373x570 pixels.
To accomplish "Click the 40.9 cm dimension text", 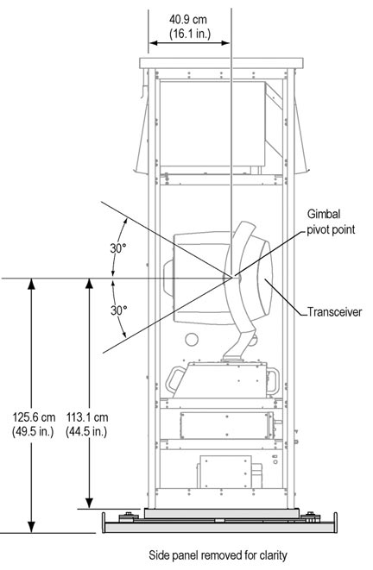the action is tap(187, 19).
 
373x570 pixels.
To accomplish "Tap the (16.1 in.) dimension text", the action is tap(190, 34).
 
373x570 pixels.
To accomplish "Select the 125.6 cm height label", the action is tap(34, 417).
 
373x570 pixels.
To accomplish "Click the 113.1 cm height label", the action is tap(87, 417).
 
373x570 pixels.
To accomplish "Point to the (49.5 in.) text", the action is tap(33, 431).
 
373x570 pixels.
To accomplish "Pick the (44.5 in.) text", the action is tap(86, 431).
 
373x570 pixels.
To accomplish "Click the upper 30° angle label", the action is tap(118, 248).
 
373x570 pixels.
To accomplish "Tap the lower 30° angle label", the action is tap(119, 310).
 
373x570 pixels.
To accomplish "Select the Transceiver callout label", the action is tap(335, 312).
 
